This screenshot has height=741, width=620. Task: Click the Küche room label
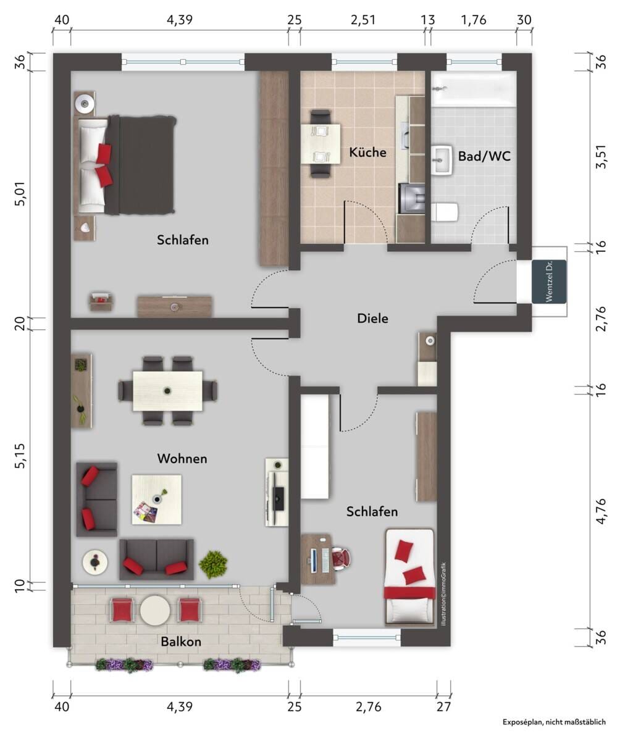click(367, 153)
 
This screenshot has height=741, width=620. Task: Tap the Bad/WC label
click(484, 156)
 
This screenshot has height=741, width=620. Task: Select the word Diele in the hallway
click(372, 319)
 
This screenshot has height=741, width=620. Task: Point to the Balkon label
click(181, 642)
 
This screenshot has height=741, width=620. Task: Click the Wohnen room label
click(182, 459)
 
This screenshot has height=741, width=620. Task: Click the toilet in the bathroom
click(445, 212)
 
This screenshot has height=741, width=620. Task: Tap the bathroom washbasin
click(442, 160)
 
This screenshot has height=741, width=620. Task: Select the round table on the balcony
click(155, 610)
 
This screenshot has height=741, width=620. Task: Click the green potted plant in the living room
click(213, 564)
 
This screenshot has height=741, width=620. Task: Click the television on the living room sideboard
click(279, 498)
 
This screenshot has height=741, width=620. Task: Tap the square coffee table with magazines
click(156, 500)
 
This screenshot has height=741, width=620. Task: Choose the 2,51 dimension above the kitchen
click(362, 20)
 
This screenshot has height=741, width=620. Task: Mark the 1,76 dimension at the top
click(474, 20)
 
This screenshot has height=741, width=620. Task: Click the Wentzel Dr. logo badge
click(548, 282)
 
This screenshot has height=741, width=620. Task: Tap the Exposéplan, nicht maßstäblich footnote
click(554, 721)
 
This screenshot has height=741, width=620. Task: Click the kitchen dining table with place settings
click(321, 143)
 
